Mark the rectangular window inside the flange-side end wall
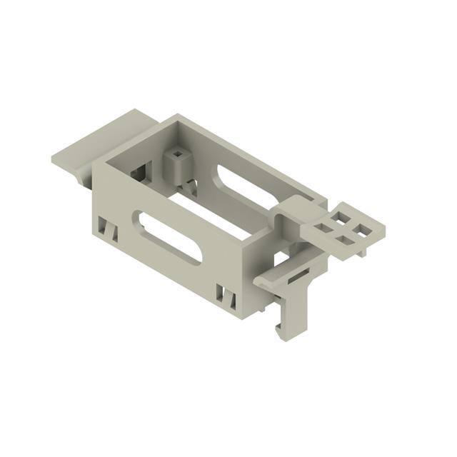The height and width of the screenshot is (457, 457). (144, 171)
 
